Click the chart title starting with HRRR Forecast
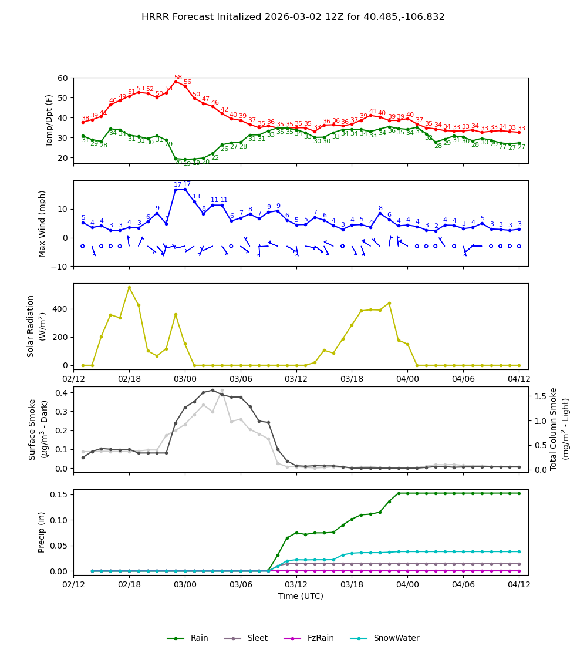tap(293, 17)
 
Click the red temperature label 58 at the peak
tap(178, 78)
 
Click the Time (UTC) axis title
tap(301, 596)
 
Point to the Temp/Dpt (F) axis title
tap(49, 120)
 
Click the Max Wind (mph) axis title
tap(42, 224)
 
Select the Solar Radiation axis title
tap(36, 326)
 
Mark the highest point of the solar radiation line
tap(129, 287)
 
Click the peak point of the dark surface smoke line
tap(212, 390)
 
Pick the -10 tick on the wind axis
tap(60, 267)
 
